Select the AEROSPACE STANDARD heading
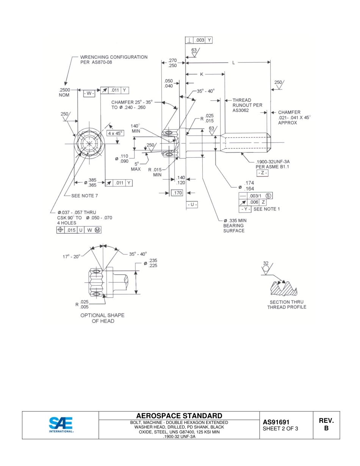click(x=179, y=416)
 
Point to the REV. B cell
click(x=326, y=425)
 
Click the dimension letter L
click(x=234, y=63)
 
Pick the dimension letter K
click(x=202, y=74)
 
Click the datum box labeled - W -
click(x=88, y=93)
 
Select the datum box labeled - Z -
click(x=262, y=173)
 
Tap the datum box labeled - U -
click(x=193, y=205)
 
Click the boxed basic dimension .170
click(x=177, y=193)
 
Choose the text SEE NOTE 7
click(x=85, y=196)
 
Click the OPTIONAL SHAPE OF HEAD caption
click(x=103, y=318)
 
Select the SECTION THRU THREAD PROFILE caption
click(x=286, y=305)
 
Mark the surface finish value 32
click(x=266, y=263)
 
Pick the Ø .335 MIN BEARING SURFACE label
click(x=235, y=225)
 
